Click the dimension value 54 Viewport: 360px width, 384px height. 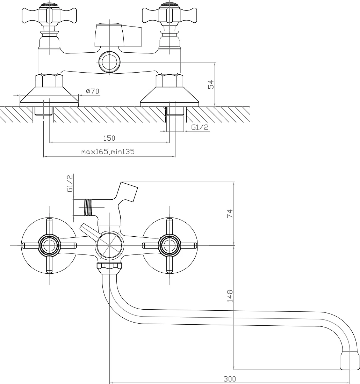[x=211, y=84]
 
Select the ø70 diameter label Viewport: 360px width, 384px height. [x=93, y=91]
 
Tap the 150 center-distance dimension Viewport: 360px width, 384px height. [x=109, y=138]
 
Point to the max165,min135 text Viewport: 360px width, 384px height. [x=108, y=152]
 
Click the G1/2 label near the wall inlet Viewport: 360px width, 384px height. [x=200, y=127]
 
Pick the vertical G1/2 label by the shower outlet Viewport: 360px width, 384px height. [x=70, y=183]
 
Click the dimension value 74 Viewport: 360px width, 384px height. [x=230, y=214]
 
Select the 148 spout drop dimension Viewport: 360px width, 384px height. [x=230, y=296]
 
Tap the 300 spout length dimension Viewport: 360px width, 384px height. [x=230, y=379]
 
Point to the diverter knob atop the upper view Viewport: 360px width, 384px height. [x=118, y=35]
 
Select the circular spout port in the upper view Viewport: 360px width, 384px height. [x=109, y=62]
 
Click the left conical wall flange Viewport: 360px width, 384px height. [x=49, y=97]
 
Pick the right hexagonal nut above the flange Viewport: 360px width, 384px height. [x=170, y=81]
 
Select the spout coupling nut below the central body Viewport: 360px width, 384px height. [x=109, y=268]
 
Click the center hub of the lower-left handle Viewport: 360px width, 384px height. [x=49, y=245]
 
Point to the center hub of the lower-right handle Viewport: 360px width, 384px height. [x=170, y=245]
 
